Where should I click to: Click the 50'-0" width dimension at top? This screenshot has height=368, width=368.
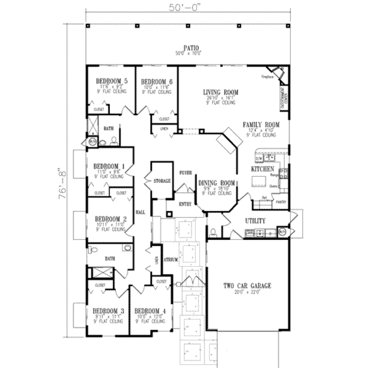pos(187,6)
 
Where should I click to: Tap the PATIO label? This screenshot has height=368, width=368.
pos(191,48)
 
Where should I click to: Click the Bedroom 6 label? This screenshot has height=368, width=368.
pos(157,82)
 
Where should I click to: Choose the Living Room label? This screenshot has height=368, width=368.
pos(220,92)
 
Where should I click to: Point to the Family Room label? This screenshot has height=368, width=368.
pos(261,125)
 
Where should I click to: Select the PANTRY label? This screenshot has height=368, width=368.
pos(281,202)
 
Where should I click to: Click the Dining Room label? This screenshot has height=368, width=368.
pos(217,183)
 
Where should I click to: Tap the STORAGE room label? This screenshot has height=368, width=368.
pos(162,181)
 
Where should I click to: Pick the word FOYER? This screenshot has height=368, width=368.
pos(185,172)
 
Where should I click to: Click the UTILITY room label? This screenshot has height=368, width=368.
pos(255,221)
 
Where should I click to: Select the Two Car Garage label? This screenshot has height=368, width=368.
pos(247,286)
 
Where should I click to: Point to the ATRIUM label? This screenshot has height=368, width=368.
pos(170,260)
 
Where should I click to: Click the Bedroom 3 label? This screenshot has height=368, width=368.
pos(109,310)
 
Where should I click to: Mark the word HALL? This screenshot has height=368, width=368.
pos(140,213)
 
